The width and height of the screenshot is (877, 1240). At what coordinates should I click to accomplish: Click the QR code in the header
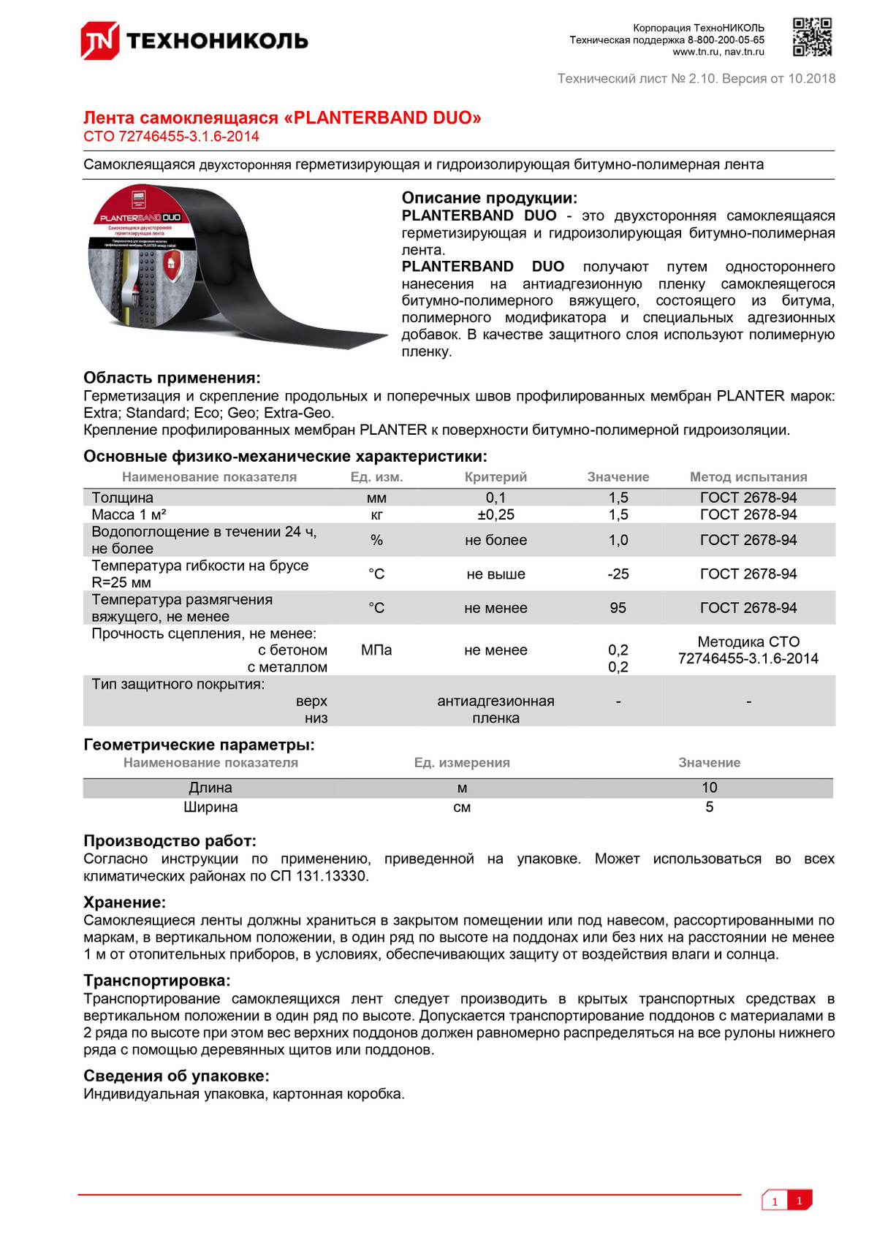click(812, 37)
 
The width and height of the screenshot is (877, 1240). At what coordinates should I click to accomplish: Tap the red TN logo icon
click(99, 40)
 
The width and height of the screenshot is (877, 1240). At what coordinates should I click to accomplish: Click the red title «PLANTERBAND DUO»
click(282, 118)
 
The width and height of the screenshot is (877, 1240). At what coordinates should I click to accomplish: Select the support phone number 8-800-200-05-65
click(726, 40)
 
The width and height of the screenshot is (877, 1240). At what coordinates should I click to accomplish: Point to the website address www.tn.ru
click(695, 52)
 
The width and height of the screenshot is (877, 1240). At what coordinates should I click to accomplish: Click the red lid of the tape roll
click(139, 212)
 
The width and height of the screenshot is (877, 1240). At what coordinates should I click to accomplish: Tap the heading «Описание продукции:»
click(489, 198)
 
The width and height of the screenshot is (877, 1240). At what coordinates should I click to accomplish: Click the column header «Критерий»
click(496, 477)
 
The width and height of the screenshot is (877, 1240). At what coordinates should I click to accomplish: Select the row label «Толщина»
click(122, 498)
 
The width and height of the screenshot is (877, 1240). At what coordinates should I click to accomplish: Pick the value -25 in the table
click(618, 574)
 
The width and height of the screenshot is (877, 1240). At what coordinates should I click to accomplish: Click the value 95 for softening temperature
click(618, 608)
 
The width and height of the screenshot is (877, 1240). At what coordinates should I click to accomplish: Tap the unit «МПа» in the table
click(376, 650)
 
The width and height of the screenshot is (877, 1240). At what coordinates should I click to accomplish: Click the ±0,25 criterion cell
click(496, 514)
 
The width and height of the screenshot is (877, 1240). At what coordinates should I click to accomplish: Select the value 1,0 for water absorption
click(618, 540)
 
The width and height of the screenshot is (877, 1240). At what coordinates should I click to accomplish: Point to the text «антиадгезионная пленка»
click(496, 710)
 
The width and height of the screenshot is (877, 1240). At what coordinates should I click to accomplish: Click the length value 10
click(709, 788)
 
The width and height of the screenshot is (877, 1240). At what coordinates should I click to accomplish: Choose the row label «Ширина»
click(210, 807)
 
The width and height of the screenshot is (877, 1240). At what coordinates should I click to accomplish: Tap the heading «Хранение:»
click(124, 902)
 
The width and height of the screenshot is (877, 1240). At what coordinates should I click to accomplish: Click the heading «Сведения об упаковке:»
click(176, 1076)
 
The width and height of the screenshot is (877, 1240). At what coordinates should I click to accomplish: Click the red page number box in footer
click(800, 1201)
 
